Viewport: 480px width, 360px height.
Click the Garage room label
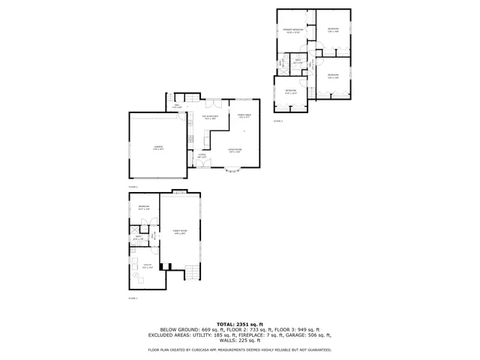[158, 147]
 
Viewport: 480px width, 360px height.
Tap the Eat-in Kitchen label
[211, 117]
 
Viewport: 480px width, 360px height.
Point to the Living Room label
[235, 151]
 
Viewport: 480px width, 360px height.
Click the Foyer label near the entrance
[201, 157]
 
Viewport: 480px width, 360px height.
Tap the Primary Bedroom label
[292, 31]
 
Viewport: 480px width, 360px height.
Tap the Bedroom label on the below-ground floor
[142, 208]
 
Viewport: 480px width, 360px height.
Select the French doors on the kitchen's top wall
[214, 101]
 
